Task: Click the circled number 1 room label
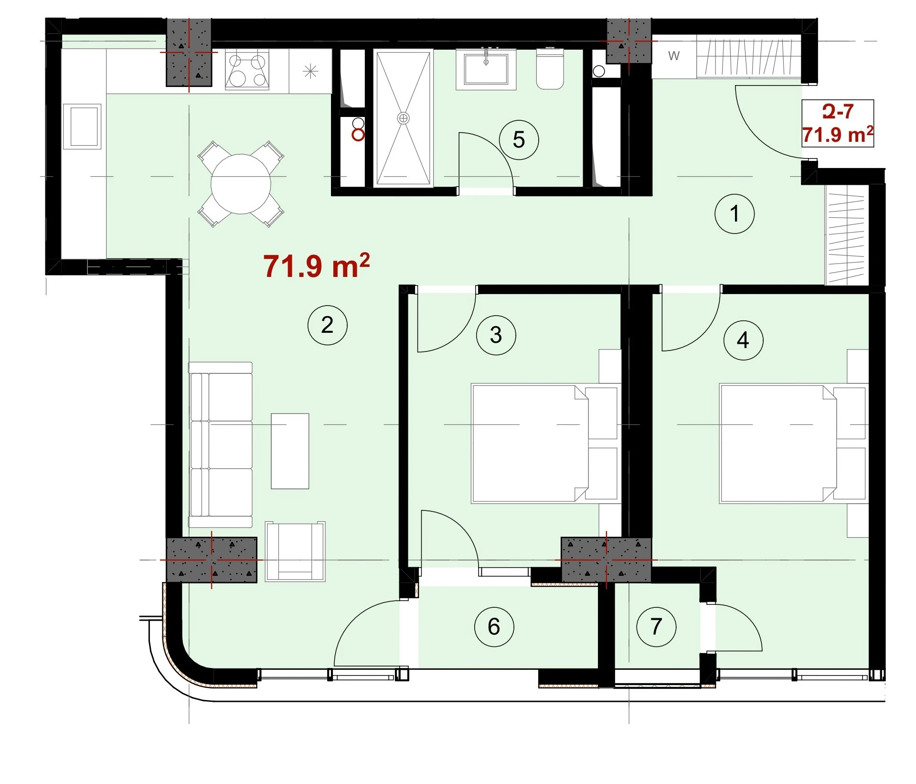734,213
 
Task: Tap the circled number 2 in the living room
327,325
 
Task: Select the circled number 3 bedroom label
496,335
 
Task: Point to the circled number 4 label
743,340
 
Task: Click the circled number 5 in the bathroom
519,139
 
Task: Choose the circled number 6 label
494,626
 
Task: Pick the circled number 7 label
656,626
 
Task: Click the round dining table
241,184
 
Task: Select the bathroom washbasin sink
486,70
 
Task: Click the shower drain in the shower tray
404,118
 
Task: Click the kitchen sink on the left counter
82,127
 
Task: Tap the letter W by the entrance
673,56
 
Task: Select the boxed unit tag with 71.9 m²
838,123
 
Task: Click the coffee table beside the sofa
290,451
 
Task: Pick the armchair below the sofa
295,551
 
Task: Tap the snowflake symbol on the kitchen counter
310,72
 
